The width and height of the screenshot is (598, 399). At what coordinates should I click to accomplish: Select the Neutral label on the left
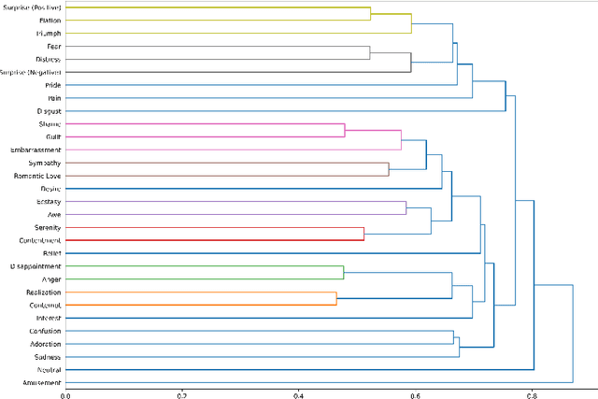tap(48, 370)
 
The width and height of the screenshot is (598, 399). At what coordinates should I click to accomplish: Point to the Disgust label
tap(46, 110)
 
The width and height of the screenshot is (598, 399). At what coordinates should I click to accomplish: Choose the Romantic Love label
tap(38, 176)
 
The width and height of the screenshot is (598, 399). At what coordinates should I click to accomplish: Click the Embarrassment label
tap(36, 150)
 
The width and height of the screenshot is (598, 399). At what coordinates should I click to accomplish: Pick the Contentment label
tap(37, 240)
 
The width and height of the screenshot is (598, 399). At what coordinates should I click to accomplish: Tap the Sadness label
tap(47, 357)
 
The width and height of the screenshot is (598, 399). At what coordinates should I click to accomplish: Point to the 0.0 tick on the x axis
tap(65, 393)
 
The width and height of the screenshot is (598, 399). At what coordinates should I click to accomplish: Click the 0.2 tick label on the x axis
tap(182, 393)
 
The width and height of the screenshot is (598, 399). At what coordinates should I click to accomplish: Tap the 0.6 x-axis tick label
tap(415, 393)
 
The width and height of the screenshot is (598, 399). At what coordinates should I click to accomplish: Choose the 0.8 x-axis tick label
tap(532, 393)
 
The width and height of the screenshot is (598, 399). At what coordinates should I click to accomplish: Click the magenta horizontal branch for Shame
tap(206, 123)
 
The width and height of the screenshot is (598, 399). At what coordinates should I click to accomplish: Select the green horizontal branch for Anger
tap(206, 279)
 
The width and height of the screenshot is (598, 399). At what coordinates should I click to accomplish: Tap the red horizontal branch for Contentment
tap(215, 240)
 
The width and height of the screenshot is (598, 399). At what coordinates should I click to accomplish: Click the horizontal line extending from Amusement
tap(318, 383)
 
